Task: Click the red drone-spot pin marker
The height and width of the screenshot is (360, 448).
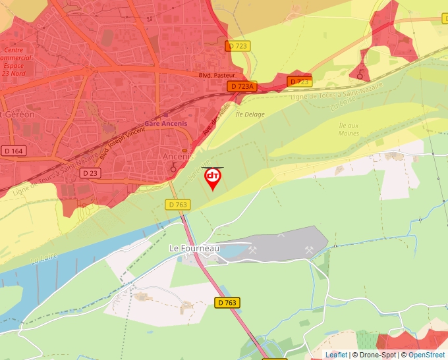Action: pyautogui.click(x=213, y=178)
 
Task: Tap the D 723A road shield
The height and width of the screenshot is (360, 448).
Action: pyautogui.click(x=242, y=86)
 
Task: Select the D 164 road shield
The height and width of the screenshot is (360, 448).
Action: pyautogui.click(x=13, y=151)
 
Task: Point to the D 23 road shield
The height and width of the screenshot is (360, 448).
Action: pyautogui.click(x=90, y=172)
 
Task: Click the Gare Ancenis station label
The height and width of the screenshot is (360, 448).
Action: pyautogui.click(x=166, y=123)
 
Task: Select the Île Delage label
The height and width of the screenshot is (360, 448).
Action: pyautogui.click(x=250, y=115)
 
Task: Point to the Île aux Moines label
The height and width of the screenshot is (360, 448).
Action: pyautogui.click(x=349, y=129)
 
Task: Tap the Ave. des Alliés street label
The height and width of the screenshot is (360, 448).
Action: pyautogui.click(x=215, y=118)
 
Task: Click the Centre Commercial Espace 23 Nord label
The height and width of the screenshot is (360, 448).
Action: pyautogui.click(x=13, y=62)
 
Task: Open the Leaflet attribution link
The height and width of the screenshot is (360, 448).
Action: pyautogui.click(x=336, y=355)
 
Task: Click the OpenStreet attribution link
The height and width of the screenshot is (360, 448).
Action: pyautogui.click(x=426, y=355)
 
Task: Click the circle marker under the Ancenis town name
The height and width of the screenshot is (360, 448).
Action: pyautogui.click(x=173, y=168)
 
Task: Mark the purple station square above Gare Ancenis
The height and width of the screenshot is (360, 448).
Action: pyautogui.click(x=165, y=115)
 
